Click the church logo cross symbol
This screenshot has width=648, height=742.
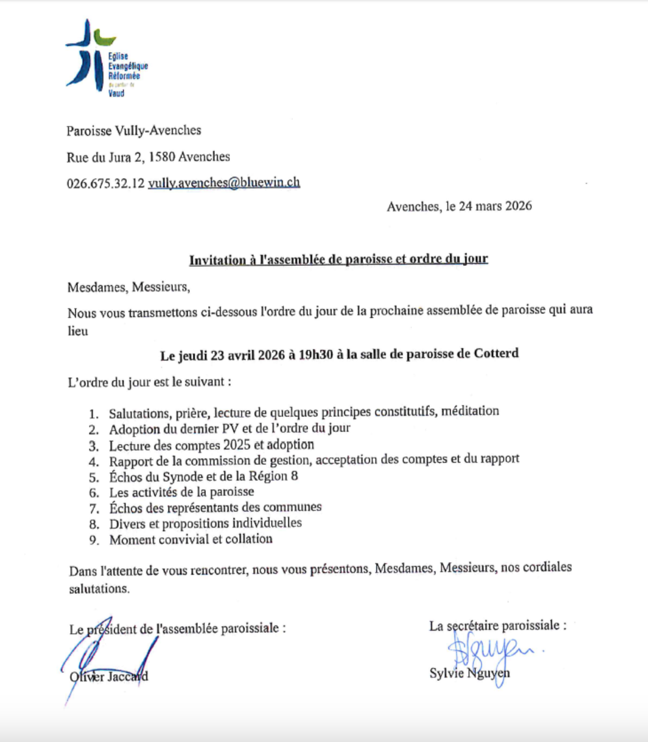(x=88, y=54)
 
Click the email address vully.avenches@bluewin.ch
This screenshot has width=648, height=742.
(x=224, y=183)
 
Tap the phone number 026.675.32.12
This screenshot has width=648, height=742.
(x=106, y=183)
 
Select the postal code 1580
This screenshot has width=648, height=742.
(x=162, y=157)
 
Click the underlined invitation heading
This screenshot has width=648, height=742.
(x=338, y=260)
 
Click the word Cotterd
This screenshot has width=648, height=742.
(x=496, y=353)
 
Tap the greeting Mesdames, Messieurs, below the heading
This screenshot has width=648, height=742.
(x=128, y=287)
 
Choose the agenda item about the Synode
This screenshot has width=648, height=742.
(x=204, y=476)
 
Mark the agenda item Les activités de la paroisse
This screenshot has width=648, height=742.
(x=182, y=492)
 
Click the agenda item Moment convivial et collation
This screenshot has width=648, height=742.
(x=191, y=539)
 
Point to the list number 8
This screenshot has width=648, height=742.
(x=94, y=524)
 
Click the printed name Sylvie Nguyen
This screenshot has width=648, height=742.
(x=469, y=673)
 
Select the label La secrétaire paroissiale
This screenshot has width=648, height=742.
(x=497, y=625)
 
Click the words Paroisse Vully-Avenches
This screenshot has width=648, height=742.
(x=133, y=131)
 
